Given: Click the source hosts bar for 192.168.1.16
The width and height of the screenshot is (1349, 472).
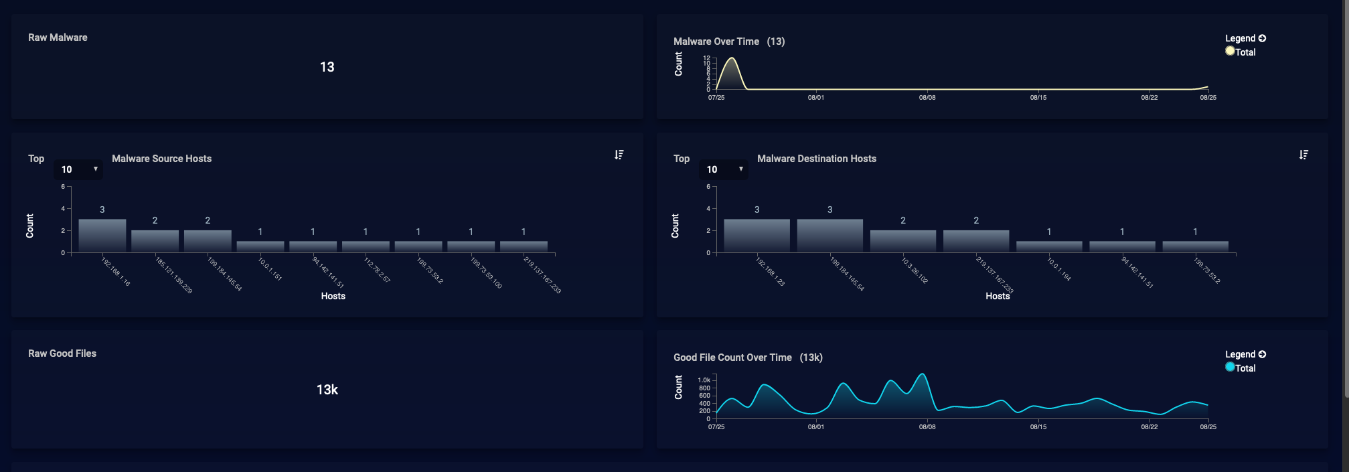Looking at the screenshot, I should pos(102,235).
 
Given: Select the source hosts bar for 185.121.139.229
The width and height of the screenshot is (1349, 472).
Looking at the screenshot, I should pos(155,240).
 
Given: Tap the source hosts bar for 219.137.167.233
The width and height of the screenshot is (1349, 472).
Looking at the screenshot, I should pos(524,246).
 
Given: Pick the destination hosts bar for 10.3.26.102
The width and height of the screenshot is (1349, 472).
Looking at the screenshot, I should pos(902,240).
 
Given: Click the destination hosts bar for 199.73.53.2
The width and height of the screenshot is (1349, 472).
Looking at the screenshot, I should pos(1195,246).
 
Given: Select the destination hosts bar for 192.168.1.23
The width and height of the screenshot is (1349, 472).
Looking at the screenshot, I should pos(757,235).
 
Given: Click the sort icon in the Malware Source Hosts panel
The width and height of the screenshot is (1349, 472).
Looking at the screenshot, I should pos(619,155).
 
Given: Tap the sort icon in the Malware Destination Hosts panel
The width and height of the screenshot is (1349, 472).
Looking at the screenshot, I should pos(1303,155).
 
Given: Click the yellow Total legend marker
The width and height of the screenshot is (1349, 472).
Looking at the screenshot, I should pos(1230,51).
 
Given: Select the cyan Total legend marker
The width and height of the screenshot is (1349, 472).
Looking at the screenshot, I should pos(1230,367).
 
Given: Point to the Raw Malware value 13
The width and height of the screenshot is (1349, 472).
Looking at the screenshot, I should pos(327,67).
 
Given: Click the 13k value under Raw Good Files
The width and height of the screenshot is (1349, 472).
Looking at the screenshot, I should pos(327,390).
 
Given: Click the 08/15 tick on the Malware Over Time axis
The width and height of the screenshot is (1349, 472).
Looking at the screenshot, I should pos(1038,98).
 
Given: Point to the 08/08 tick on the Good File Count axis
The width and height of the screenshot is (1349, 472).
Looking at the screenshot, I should pos(927,426).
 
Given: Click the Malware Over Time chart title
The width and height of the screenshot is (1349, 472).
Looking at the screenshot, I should pos(716,42).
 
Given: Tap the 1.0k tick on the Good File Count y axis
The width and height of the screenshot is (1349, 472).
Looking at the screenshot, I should pos(704,380).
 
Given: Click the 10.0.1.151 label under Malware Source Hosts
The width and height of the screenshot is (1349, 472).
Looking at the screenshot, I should pos(270,268).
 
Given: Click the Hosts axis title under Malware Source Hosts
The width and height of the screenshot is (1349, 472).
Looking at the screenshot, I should pos(333,296).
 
